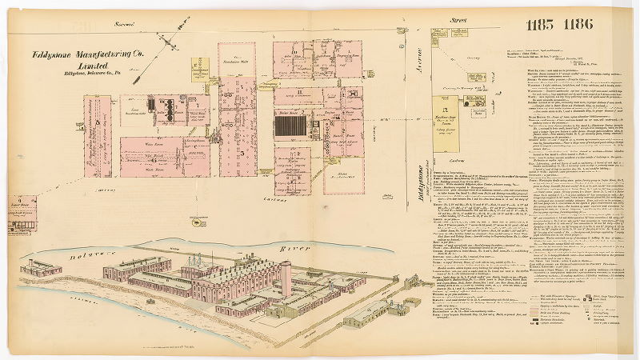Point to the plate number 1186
[578, 24]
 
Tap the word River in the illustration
[278, 250]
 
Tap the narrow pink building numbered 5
[99, 136]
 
